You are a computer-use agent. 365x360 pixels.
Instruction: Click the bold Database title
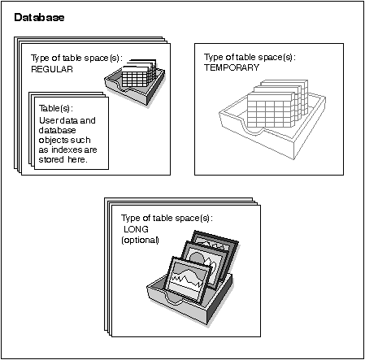[39, 17]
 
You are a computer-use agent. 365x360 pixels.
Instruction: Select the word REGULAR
[52, 69]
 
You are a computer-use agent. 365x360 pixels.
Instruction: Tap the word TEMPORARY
[232, 67]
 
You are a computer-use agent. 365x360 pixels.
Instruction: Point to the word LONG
[136, 229]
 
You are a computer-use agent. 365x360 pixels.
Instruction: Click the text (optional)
[140, 240]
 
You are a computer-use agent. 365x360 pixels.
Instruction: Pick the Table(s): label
[56, 108]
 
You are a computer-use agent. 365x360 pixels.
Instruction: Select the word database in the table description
[57, 130]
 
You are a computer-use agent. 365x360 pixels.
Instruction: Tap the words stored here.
[63, 159]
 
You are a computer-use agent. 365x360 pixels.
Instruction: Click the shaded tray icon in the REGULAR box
[135, 82]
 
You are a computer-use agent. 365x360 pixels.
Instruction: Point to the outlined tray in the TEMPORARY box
[272, 119]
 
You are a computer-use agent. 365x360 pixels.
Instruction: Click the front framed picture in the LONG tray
[188, 279]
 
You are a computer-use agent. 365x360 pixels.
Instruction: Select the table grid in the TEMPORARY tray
[277, 103]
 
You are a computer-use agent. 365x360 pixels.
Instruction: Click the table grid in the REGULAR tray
[139, 73]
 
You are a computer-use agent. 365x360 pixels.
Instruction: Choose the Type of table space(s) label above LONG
[167, 219]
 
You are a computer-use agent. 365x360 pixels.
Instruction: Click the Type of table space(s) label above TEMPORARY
[250, 58]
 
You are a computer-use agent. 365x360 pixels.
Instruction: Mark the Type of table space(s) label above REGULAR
[76, 59]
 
